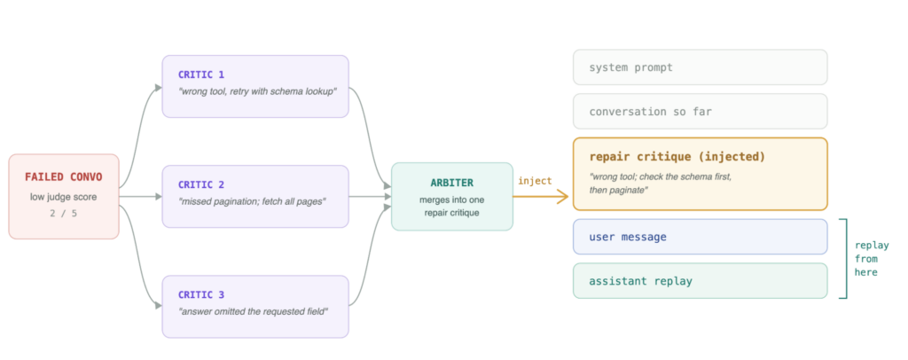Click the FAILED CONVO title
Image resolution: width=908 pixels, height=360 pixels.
coord(64,176)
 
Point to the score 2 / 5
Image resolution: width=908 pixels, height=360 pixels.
coord(64,213)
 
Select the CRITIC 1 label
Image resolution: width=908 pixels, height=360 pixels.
coord(201,74)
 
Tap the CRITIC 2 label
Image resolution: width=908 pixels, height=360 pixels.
coord(201,184)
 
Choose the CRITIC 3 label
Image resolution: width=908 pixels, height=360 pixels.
coord(201,295)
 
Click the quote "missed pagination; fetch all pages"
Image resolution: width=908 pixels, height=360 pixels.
coord(253,201)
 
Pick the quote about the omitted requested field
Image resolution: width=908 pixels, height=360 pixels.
coord(254,312)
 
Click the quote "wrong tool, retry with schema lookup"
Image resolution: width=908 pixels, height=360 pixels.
coord(258,91)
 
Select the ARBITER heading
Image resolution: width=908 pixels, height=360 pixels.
coord(451,183)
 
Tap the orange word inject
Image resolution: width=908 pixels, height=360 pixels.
coord(535,181)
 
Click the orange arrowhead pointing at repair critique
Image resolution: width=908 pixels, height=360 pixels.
coord(561,198)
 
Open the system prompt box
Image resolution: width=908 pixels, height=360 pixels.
coord(701,67)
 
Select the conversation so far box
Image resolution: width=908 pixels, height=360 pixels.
coord(701,111)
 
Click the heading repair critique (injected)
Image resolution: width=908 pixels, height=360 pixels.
coord(677,157)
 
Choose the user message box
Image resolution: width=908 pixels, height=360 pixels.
coord(701,237)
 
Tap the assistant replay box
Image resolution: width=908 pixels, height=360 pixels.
coord(701,281)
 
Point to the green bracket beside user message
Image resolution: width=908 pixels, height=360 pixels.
coord(846,259)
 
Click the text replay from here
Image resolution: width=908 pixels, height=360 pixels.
coord(872,259)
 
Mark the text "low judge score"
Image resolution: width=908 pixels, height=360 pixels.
coord(64,197)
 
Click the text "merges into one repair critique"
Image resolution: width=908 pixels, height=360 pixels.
coord(451,206)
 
